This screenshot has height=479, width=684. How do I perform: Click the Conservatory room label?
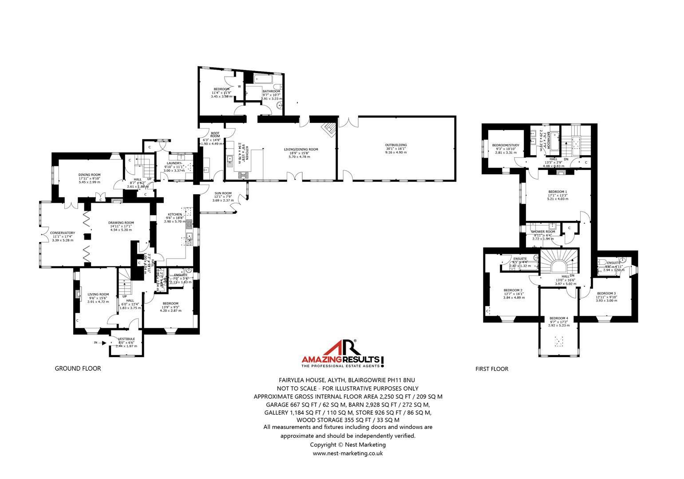pos(62,233)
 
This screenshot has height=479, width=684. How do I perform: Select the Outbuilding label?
pos(396,145)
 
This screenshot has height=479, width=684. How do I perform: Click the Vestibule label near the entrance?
pos(127,339)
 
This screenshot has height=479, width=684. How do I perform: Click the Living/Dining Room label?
pos(301,149)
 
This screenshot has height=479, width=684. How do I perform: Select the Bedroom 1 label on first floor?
pos(557,192)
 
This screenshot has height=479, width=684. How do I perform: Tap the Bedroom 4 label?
pos(558,318)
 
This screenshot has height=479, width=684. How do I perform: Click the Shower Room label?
pos(543,232)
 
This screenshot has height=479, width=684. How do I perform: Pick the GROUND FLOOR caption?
pos(78,369)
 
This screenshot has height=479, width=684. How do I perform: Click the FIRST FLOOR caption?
pos(491,369)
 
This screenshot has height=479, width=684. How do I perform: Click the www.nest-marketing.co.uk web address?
pos(348,453)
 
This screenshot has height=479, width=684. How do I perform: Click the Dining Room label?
pos(90,175)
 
